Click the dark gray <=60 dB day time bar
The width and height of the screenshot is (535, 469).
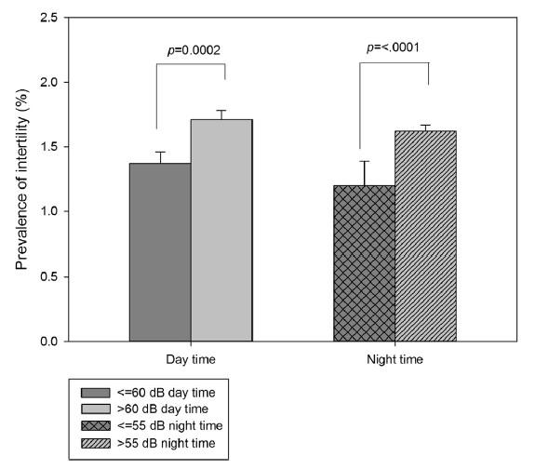click(x=160, y=252)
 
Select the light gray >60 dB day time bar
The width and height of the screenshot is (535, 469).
click(x=221, y=230)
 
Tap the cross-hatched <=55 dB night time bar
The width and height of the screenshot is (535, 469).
click(x=365, y=263)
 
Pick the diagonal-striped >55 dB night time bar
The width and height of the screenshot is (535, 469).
click(x=425, y=235)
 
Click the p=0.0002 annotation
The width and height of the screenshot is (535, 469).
click(x=194, y=50)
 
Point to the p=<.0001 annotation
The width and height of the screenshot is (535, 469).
click(x=393, y=47)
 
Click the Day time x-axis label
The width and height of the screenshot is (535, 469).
click(x=191, y=359)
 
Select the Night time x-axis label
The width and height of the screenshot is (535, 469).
click(x=395, y=359)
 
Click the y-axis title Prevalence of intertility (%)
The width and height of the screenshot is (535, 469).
click(x=22, y=180)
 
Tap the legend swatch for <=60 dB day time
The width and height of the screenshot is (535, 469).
click(x=96, y=393)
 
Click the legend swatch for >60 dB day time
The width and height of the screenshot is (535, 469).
click(x=96, y=409)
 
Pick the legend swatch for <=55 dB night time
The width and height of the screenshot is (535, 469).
click(x=96, y=426)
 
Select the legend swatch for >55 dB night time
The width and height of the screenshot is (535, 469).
click(x=96, y=443)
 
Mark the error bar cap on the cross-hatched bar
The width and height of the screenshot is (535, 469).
click(x=365, y=161)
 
